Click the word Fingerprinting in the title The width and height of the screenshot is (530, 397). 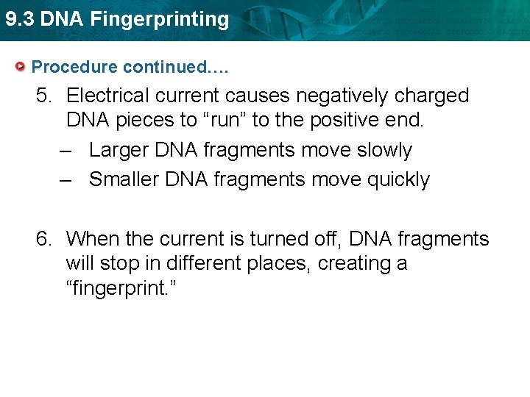pyautogui.click(x=160, y=20)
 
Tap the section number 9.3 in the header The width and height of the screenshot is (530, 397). pyautogui.click(x=20, y=20)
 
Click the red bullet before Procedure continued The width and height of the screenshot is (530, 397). pyautogui.click(x=22, y=67)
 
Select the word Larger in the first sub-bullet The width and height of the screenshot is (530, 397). pyautogui.click(x=119, y=150)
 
